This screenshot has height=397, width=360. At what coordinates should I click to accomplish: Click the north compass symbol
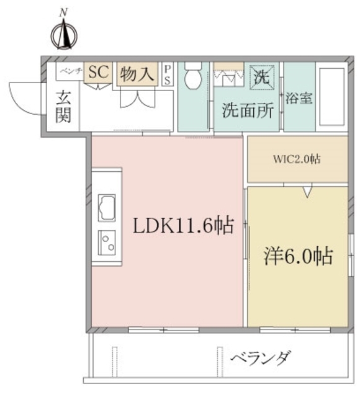[x=65, y=34]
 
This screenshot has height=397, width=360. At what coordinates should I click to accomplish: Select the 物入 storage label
[x=136, y=74]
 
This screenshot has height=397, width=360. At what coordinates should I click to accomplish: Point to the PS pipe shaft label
[x=168, y=75]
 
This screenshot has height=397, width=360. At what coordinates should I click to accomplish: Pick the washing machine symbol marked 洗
[x=260, y=77]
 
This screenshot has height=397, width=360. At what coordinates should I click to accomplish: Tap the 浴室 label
[x=299, y=98]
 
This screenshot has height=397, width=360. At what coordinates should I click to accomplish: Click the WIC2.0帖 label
[x=297, y=159]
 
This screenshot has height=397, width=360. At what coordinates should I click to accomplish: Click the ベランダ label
[x=261, y=359]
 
